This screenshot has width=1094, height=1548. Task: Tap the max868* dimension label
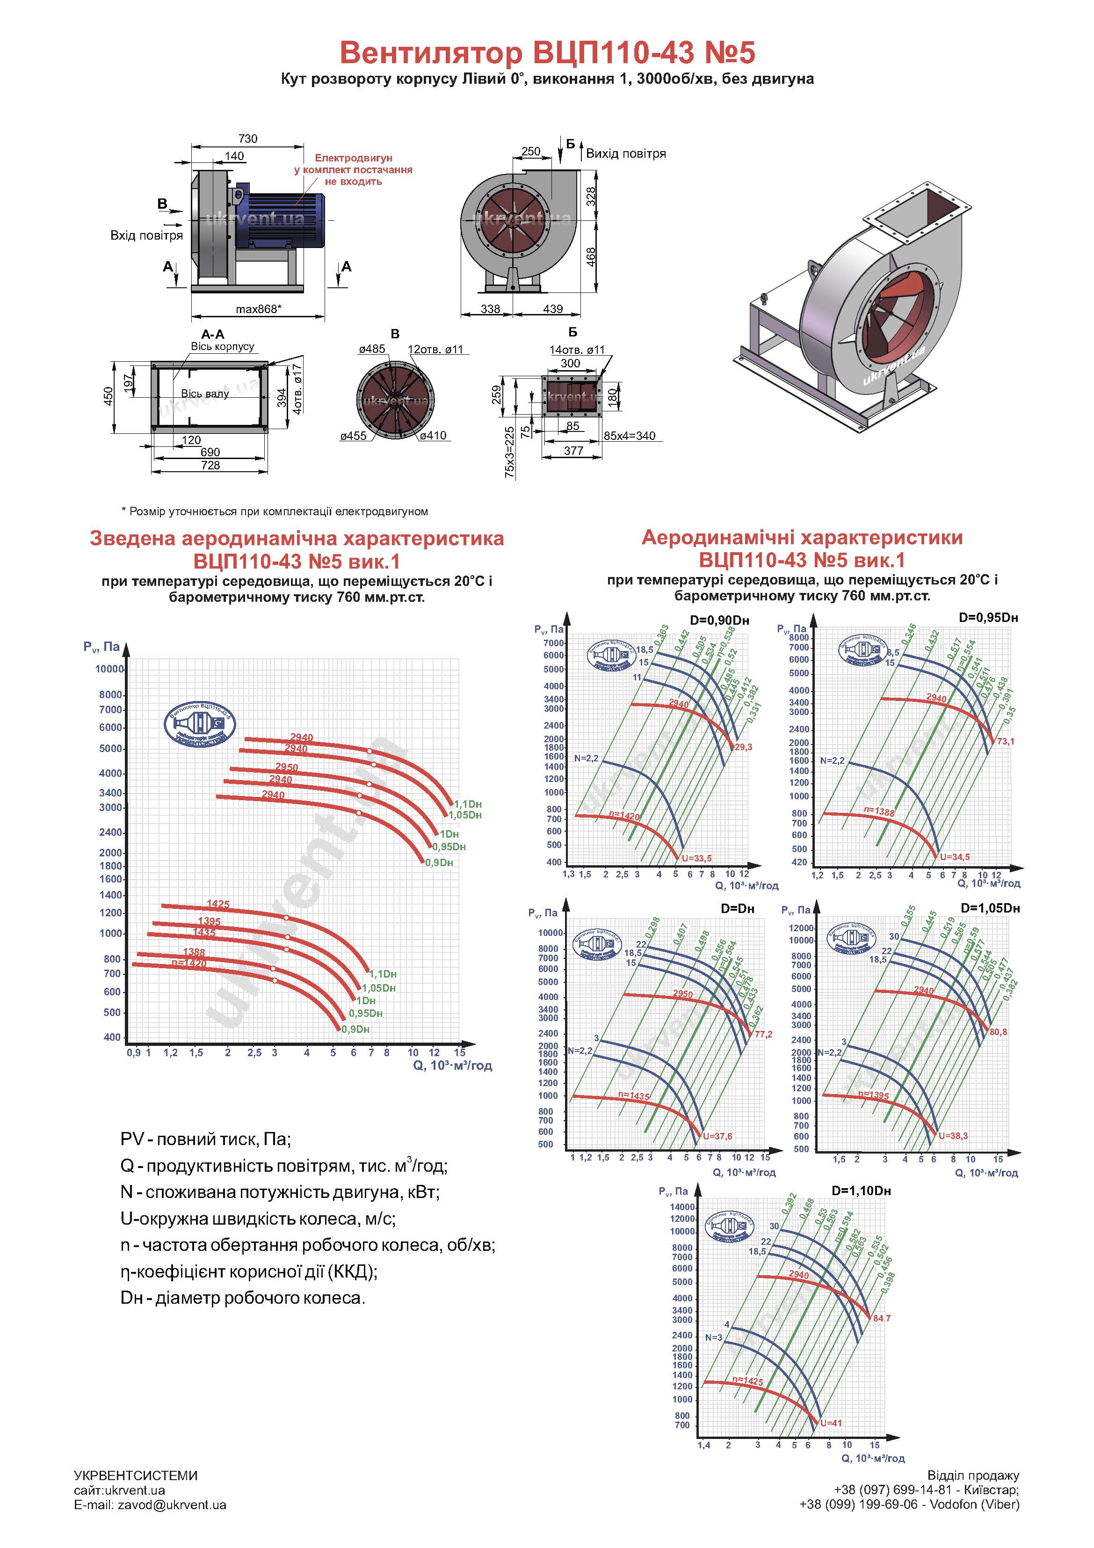click(259, 309)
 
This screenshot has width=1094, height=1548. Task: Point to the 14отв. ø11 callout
click(577, 350)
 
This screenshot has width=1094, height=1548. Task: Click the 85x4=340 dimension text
click(629, 436)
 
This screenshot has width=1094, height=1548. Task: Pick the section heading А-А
click(213, 335)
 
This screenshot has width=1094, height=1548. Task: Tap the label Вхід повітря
click(146, 235)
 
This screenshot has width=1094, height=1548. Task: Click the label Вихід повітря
click(625, 153)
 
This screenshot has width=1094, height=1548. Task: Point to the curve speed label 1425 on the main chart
click(217, 904)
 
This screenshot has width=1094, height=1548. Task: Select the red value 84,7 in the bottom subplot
click(882, 1318)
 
